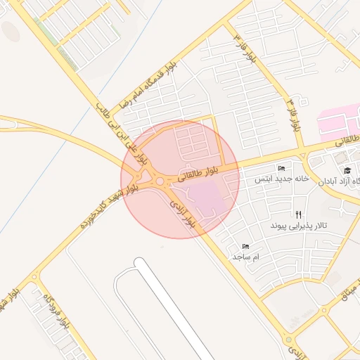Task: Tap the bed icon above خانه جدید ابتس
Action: [281, 169]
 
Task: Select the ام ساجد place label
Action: [246, 257]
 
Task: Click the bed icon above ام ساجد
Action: [245, 247]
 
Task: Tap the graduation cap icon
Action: [347, 170]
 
